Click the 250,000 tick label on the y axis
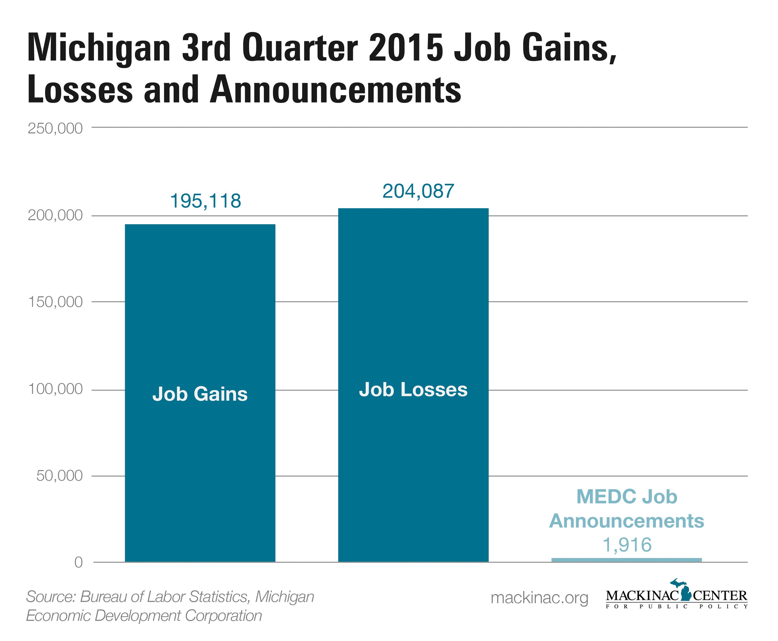click(x=55, y=128)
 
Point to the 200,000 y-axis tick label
click(x=55, y=215)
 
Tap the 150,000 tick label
click(x=55, y=302)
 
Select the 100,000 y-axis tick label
click(x=55, y=389)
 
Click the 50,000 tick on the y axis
click(x=59, y=476)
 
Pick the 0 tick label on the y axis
click(x=78, y=562)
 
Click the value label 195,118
click(x=205, y=201)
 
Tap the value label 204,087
click(x=418, y=191)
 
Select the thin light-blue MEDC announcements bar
click(x=626, y=560)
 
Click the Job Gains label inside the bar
click(x=200, y=394)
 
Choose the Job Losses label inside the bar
click(x=413, y=390)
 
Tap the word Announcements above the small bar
click(x=626, y=521)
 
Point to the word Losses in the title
click(x=80, y=90)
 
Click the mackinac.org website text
click(x=539, y=598)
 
